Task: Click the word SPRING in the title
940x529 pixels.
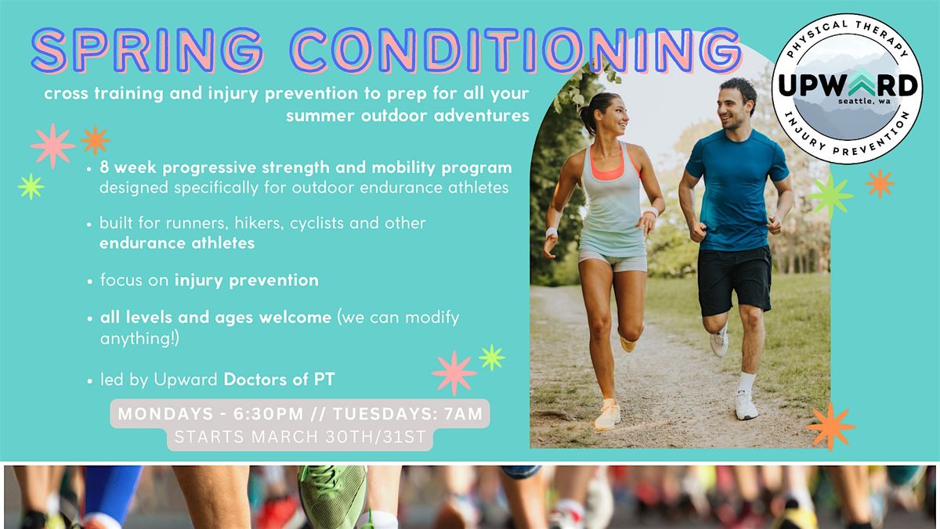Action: pos(148,51)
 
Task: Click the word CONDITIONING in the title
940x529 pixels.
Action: pos(516,51)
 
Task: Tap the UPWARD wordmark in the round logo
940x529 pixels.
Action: pos(848,85)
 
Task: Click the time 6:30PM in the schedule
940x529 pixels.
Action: pos(268,414)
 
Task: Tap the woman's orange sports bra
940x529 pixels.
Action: pos(609,167)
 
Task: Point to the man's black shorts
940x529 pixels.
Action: pos(735,280)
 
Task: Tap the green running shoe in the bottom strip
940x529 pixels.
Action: pos(333,495)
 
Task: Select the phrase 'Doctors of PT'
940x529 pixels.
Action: pos(279,380)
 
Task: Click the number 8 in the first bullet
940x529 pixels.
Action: pos(104,167)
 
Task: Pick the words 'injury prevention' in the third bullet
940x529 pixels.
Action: pos(247,280)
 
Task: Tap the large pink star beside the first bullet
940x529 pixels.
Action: pos(53,146)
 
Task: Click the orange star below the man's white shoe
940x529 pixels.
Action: pos(831,426)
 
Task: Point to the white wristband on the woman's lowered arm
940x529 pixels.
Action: pos(551,232)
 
